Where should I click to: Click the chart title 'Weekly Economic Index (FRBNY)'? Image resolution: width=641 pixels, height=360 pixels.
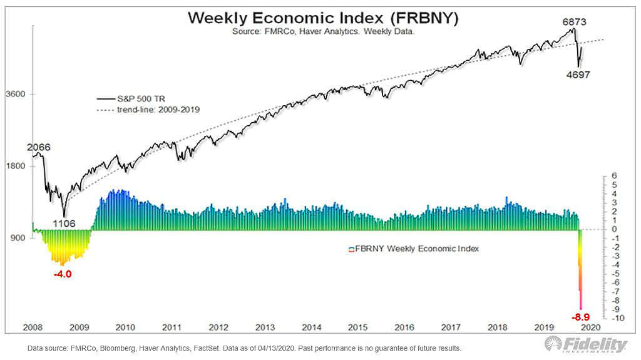click(324, 19)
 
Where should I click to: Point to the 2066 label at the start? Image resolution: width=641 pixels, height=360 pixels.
click(38, 147)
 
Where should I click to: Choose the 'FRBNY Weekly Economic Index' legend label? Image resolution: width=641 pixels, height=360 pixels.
click(417, 249)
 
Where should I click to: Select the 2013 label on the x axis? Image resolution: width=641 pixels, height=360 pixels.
click(265, 327)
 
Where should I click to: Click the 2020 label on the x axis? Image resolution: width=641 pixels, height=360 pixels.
click(591, 327)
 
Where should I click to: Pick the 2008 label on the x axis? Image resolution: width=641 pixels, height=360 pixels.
click(33, 327)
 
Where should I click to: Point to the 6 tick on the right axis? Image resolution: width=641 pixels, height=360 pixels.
click(614, 176)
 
